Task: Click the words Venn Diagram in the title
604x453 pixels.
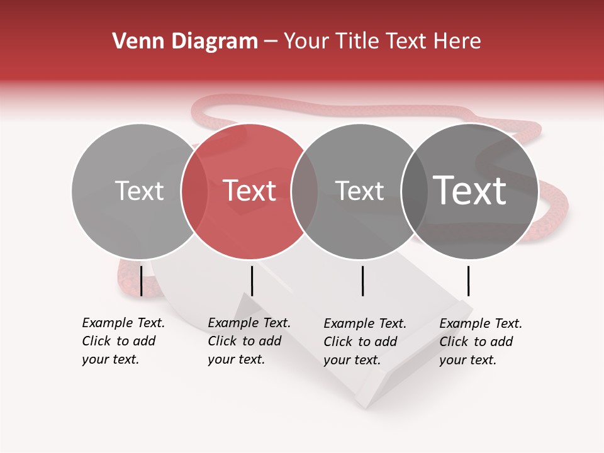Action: pyautogui.click(x=184, y=42)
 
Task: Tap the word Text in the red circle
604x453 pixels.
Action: pyautogui.click(x=250, y=191)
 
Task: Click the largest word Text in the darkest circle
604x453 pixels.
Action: pyautogui.click(x=470, y=191)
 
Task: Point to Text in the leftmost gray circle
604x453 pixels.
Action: pyautogui.click(x=140, y=191)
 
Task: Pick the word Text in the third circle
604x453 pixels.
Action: pyautogui.click(x=359, y=191)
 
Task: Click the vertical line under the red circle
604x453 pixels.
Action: pyautogui.click(x=252, y=281)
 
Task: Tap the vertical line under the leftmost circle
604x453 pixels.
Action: pyautogui.click(x=142, y=281)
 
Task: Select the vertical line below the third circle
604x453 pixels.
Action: pyautogui.click(x=362, y=281)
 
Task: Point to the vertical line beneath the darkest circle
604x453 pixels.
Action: pyautogui.click(x=468, y=281)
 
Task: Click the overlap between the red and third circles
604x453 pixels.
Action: pyautogui.click(x=305, y=191)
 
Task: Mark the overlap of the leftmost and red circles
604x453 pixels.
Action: pyautogui.click(x=194, y=191)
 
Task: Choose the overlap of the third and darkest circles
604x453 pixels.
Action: pyautogui.click(x=415, y=191)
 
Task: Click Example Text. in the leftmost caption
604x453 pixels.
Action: pyautogui.click(x=123, y=323)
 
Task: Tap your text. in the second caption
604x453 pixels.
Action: pyautogui.click(x=236, y=360)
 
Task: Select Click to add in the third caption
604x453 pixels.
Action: pyautogui.click(x=361, y=342)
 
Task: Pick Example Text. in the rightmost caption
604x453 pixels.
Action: pyautogui.click(x=481, y=323)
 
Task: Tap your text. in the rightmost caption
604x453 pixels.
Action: pyautogui.click(x=467, y=360)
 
